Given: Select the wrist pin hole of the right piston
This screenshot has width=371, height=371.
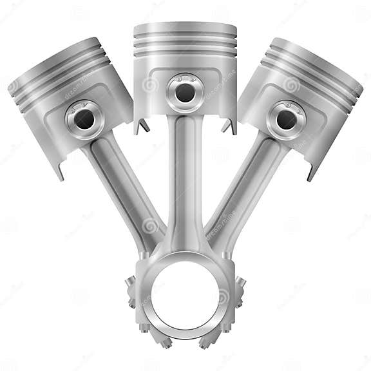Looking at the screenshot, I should (286, 119).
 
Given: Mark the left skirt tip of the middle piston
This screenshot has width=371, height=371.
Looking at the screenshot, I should (138, 128).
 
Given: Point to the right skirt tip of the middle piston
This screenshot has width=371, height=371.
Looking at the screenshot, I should (233, 128).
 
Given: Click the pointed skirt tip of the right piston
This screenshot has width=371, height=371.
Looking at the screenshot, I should (310, 175).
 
